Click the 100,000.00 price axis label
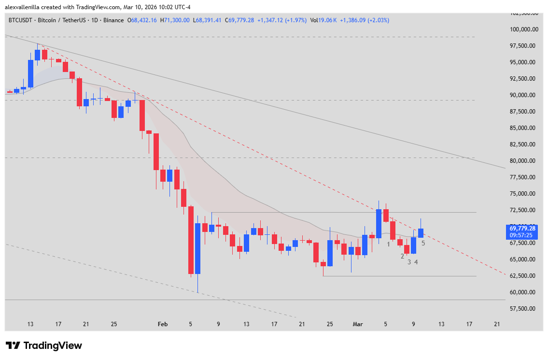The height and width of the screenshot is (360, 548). click(524, 29)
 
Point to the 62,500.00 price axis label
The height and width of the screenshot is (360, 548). click(524, 276)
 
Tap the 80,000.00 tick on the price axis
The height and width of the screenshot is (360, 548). click(524, 161)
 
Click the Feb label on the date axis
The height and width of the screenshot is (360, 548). click(163, 325)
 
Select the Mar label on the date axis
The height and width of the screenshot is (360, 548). click(357, 325)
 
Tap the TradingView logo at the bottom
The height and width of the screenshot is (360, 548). click(44, 346)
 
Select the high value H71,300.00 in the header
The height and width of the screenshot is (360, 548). click(175, 20)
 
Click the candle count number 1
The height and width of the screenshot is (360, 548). click(388, 245)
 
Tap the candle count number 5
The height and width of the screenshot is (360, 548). click(423, 243)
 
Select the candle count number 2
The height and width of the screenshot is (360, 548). click(402, 256)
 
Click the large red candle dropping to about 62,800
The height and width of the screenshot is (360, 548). click(191, 240)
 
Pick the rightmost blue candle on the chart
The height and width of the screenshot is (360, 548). click(421, 233)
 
